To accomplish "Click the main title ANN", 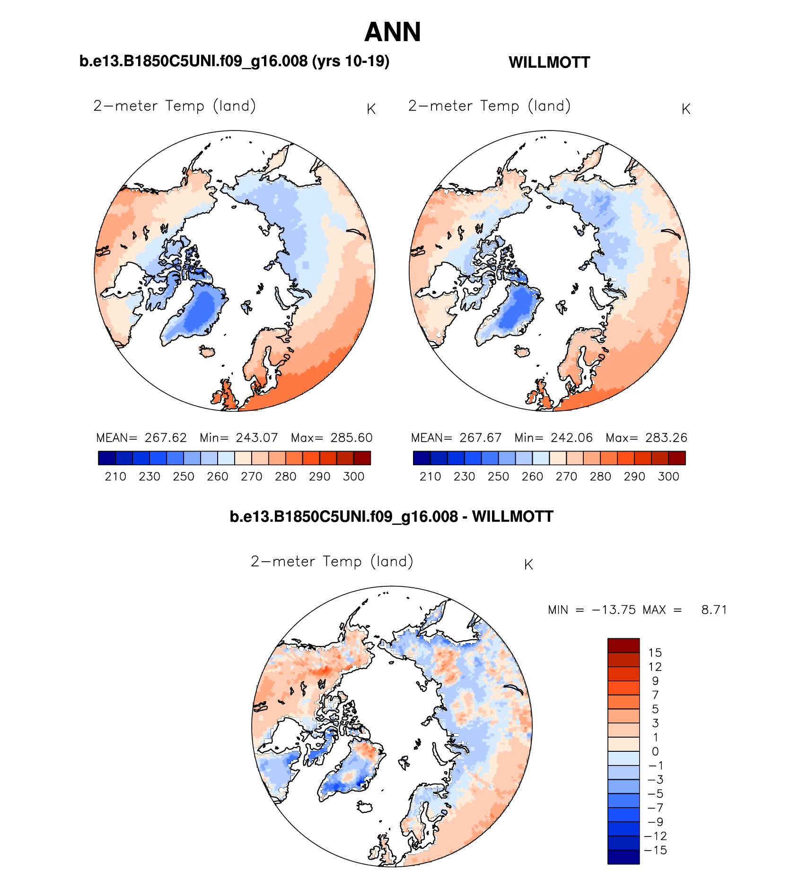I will point(392,32).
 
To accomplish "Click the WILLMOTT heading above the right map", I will point(549,62).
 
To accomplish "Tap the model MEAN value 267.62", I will point(166,438).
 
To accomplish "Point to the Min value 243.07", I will point(257,438).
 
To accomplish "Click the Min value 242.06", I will point(572,438).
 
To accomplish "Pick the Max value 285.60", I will point(352,438).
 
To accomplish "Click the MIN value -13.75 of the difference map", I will point(614,610).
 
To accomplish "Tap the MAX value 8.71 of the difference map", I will point(714,610).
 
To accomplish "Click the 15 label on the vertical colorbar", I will point(655,653).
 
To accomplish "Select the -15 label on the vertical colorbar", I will point(655,850).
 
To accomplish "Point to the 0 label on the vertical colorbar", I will point(655,751).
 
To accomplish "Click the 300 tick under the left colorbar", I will point(353,477).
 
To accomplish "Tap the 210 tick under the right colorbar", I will point(430,477).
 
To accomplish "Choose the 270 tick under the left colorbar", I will point(251,477).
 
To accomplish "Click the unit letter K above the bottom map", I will point(528,565).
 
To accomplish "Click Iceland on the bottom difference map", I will point(365,806).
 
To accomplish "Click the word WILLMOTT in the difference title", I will point(512,516).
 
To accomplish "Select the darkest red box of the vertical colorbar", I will point(624,645).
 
